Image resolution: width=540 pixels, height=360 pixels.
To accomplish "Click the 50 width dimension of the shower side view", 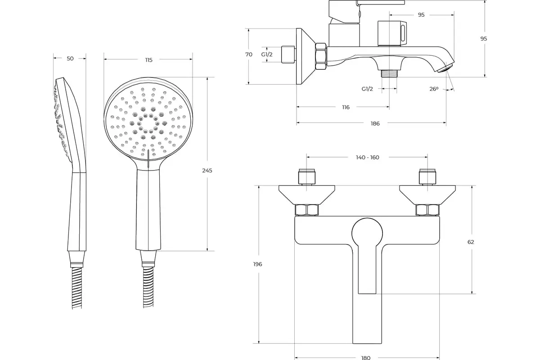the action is [x=70, y=58].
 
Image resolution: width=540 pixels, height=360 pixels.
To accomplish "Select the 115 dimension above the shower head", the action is [x=149, y=60].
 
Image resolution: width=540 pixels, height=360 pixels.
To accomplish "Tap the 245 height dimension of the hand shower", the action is [x=207, y=171].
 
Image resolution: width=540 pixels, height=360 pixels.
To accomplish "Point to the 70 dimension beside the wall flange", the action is [x=249, y=54].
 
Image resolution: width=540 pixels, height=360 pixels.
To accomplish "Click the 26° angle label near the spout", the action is [x=434, y=89].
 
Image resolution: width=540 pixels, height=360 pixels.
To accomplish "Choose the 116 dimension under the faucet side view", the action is [x=346, y=107].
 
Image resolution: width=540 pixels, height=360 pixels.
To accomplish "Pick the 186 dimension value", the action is [x=375, y=124].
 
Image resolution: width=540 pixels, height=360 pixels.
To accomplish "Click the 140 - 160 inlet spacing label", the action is [x=368, y=157].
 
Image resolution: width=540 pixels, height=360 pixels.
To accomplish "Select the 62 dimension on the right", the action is [x=471, y=242].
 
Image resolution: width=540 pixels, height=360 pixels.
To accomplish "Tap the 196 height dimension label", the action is [x=257, y=264].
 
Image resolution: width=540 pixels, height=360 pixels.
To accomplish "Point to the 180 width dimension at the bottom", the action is [x=366, y=358].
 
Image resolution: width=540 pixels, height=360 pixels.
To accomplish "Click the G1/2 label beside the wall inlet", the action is [x=267, y=54].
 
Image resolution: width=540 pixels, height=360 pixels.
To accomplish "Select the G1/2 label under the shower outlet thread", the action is [x=367, y=89].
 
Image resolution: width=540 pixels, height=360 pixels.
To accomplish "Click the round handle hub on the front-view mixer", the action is [x=367, y=233].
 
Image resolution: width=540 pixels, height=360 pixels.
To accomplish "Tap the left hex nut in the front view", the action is [x=307, y=210].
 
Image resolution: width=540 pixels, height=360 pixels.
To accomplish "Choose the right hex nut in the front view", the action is [x=427, y=210].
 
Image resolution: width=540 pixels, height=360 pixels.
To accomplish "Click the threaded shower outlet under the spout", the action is [x=389, y=73].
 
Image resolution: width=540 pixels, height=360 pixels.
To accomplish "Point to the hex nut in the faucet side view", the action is [x=321, y=57].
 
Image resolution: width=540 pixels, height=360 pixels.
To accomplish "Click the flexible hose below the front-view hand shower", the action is [x=148, y=287].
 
